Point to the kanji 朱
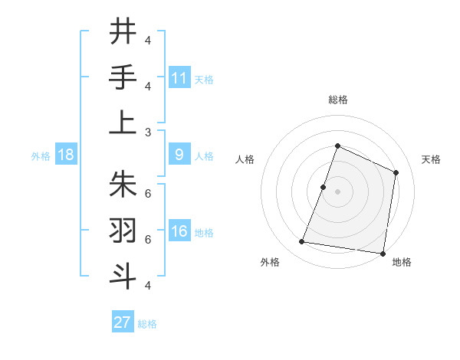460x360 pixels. tap(123, 184)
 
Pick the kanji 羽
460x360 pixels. tap(123, 230)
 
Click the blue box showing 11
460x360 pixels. tap(179, 77)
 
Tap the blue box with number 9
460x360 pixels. tap(179, 155)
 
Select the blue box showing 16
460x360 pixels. tap(179, 231)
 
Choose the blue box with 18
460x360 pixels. tap(66, 155)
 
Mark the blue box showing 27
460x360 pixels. tap(123, 322)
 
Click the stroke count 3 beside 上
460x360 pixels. tap(148, 132)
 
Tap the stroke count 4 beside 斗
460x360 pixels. tap(148, 285)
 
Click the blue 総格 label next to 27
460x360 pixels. tap(147, 324)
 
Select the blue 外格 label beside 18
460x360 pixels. tap(41, 156)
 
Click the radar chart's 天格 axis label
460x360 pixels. tap(432, 159)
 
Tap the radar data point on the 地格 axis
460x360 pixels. tap(383, 254)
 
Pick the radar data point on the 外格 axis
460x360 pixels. tap(302, 242)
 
